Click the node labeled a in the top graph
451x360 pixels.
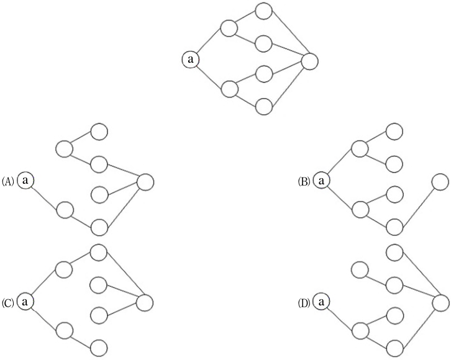(x=191, y=60)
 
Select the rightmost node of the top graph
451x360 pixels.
(x=310, y=61)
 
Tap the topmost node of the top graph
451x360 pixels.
(x=264, y=11)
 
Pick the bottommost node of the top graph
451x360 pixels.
(x=264, y=107)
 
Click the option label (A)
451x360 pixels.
(x=8, y=182)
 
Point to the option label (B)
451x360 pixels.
(x=304, y=182)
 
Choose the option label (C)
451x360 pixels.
(x=8, y=303)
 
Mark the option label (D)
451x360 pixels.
(x=304, y=303)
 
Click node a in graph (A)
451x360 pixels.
(x=25, y=181)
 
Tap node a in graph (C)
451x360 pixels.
(x=25, y=302)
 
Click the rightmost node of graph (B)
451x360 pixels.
(x=440, y=182)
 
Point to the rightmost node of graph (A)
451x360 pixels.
(x=145, y=182)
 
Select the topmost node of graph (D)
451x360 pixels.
(x=394, y=253)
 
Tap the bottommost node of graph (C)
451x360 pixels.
(x=99, y=348)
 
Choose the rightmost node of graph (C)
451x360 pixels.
(x=145, y=302)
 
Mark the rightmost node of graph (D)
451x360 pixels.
(x=440, y=302)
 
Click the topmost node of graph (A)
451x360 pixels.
(x=99, y=132)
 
